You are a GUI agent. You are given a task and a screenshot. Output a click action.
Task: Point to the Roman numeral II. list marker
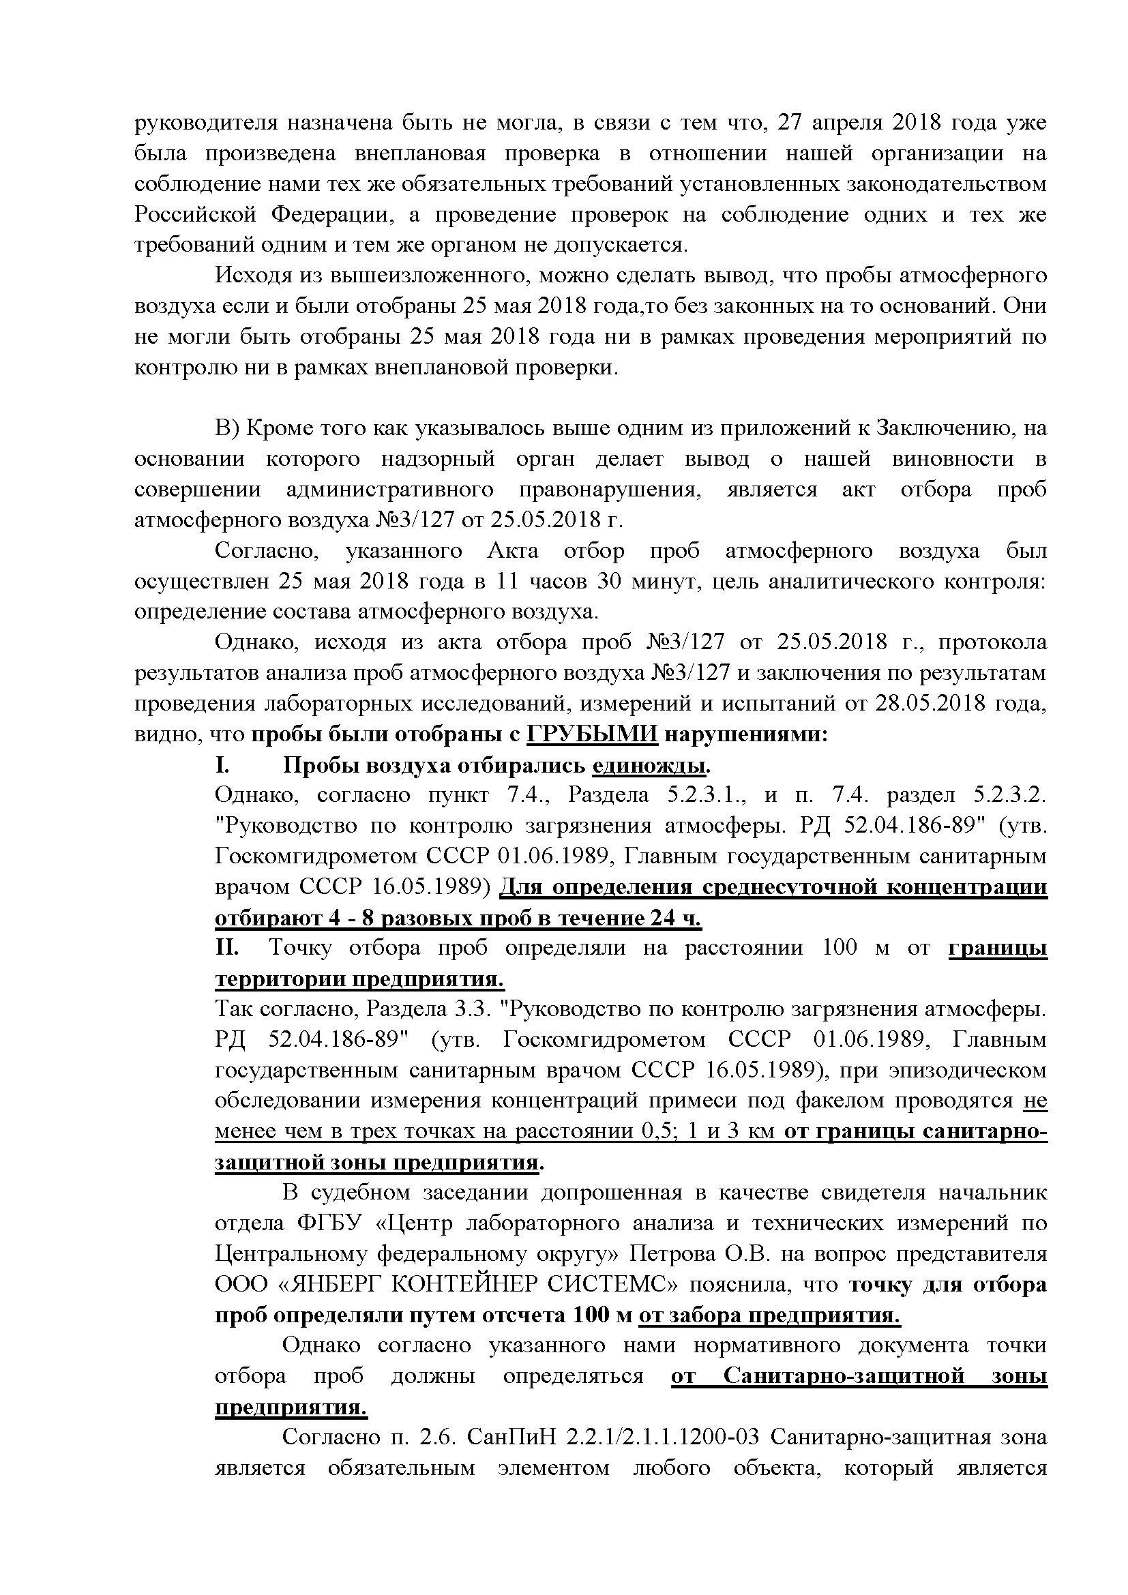226,949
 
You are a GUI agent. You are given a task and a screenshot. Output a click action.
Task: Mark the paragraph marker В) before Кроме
227,429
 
